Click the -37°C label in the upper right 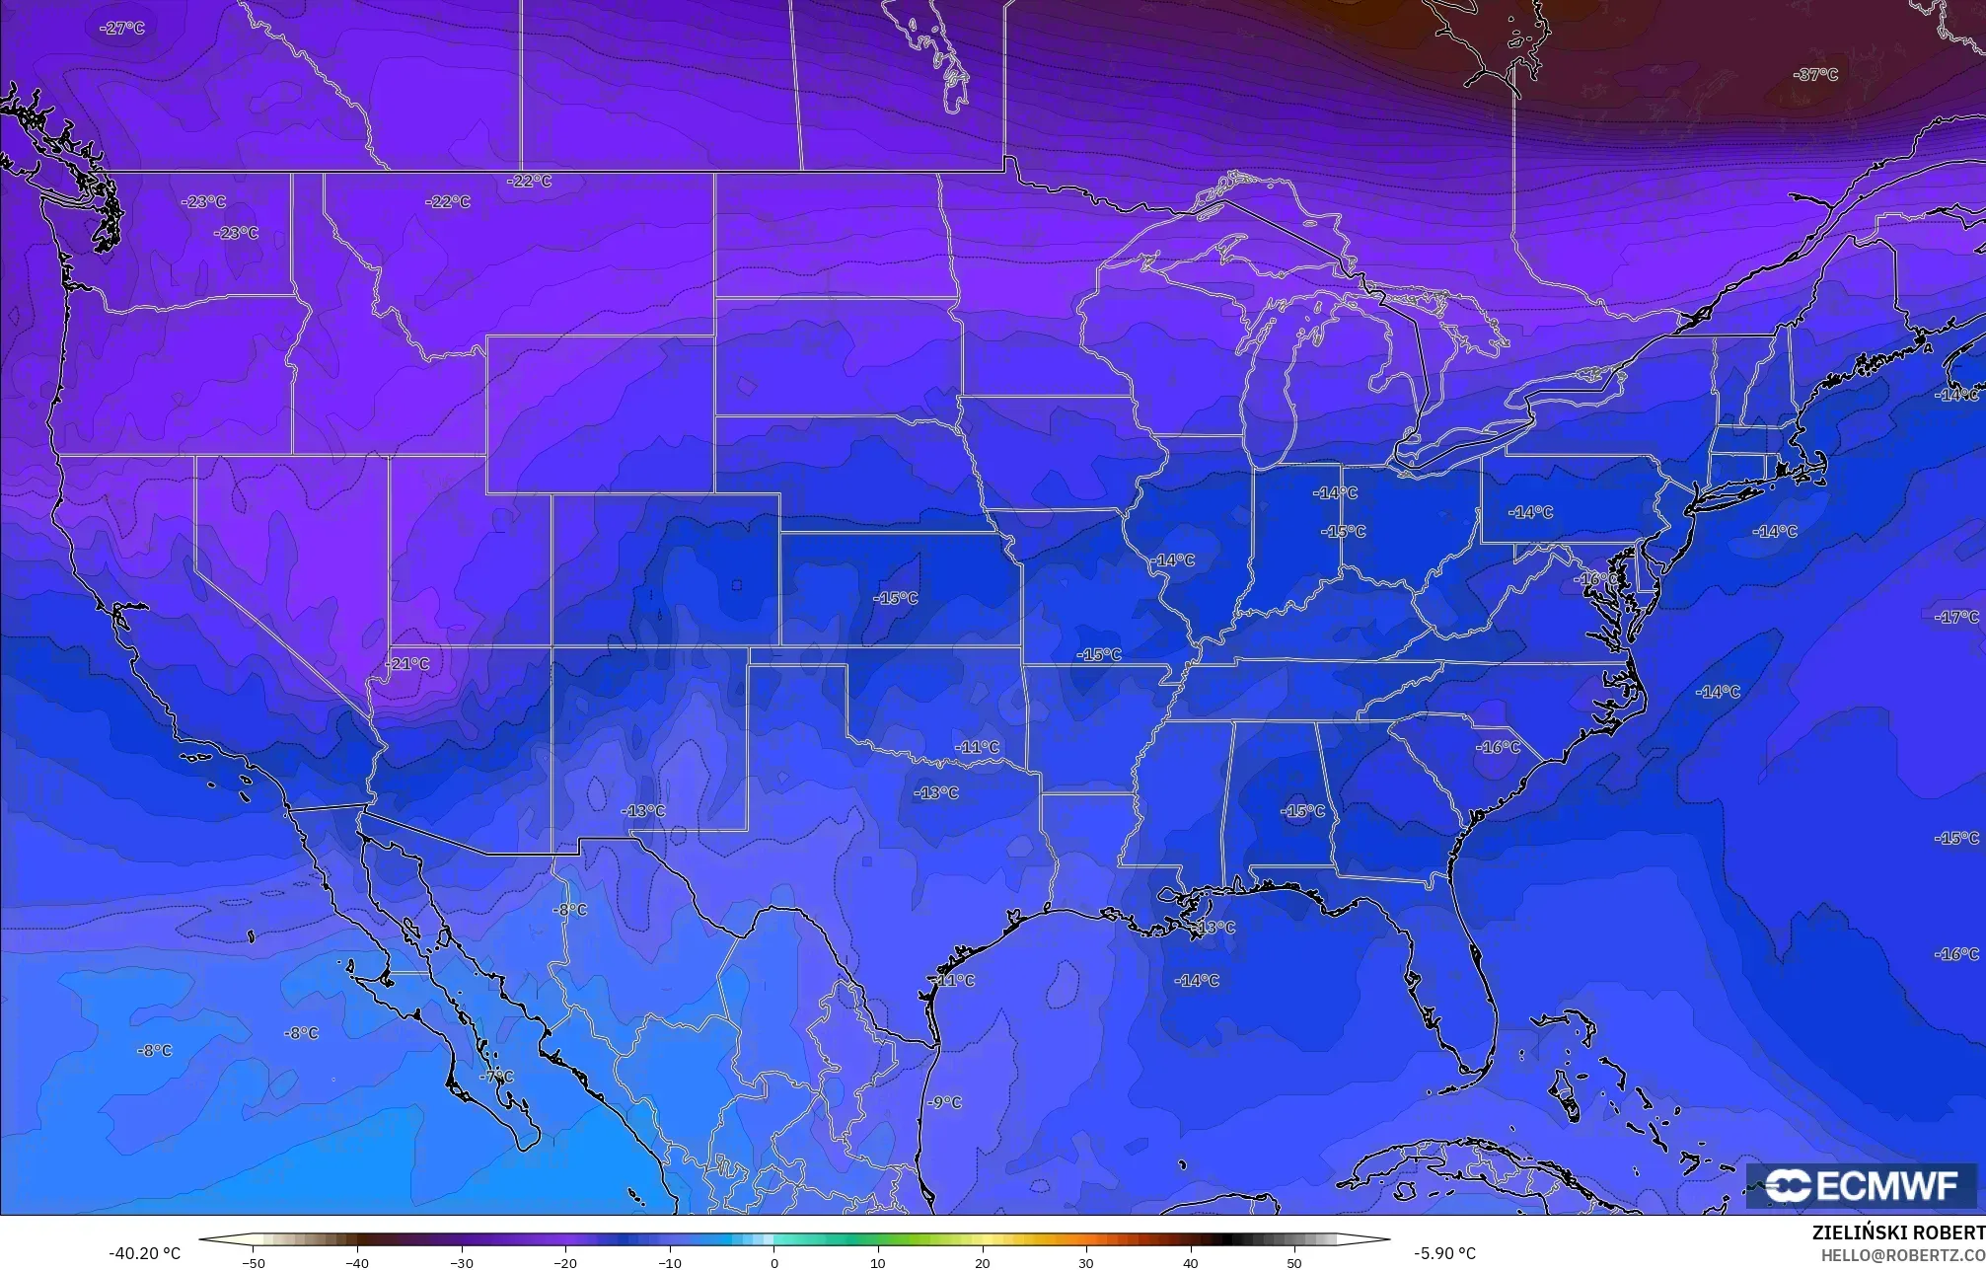pyautogui.click(x=1816, y=75)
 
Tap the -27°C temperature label pyautogui.click(x=122, y=29)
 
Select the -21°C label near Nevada pyautogui.click(x=407, y=664)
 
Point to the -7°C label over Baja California pyautogui.click(x=496, y=1077)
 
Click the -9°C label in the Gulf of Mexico pyautogui.click(x=944, y=1102)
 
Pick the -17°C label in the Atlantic pyautogui.click(x=1957, y=617)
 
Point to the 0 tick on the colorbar pyautogui.click(x=774, y=1262)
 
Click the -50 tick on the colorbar pyautogui.click(x=254, y=1262)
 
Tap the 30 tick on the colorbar pyautogui.click(x=1086, y=1262)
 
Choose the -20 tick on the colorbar pyautogui.click(x=565, y=1262)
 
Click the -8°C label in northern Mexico pyautogui.click(x=569, y=910)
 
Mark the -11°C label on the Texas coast pyautogui.click(x=954, y=981)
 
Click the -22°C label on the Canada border pyautogui.click(x=530, y=182)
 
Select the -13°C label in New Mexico pyautogui.click(x=643, y=811)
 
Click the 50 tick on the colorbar pyautogui.click(x=1294, y=1262)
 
